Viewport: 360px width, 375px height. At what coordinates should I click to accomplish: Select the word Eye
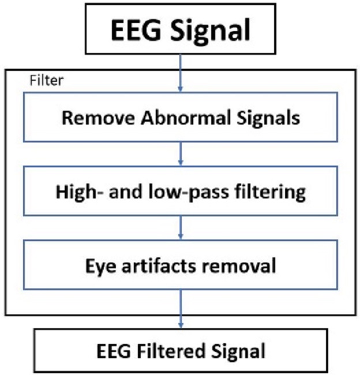[x=97, y=266]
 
